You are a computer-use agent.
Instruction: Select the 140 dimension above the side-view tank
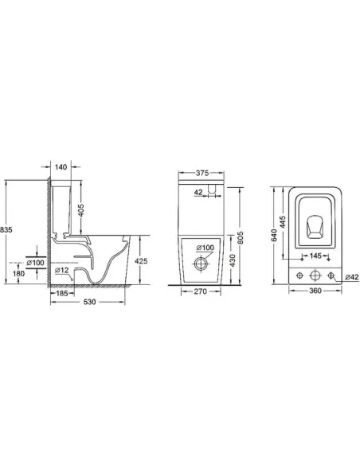pos(61,168)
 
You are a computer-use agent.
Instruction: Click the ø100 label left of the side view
pos(35,262)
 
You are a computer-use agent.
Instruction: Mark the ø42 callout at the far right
pos(350,276)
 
